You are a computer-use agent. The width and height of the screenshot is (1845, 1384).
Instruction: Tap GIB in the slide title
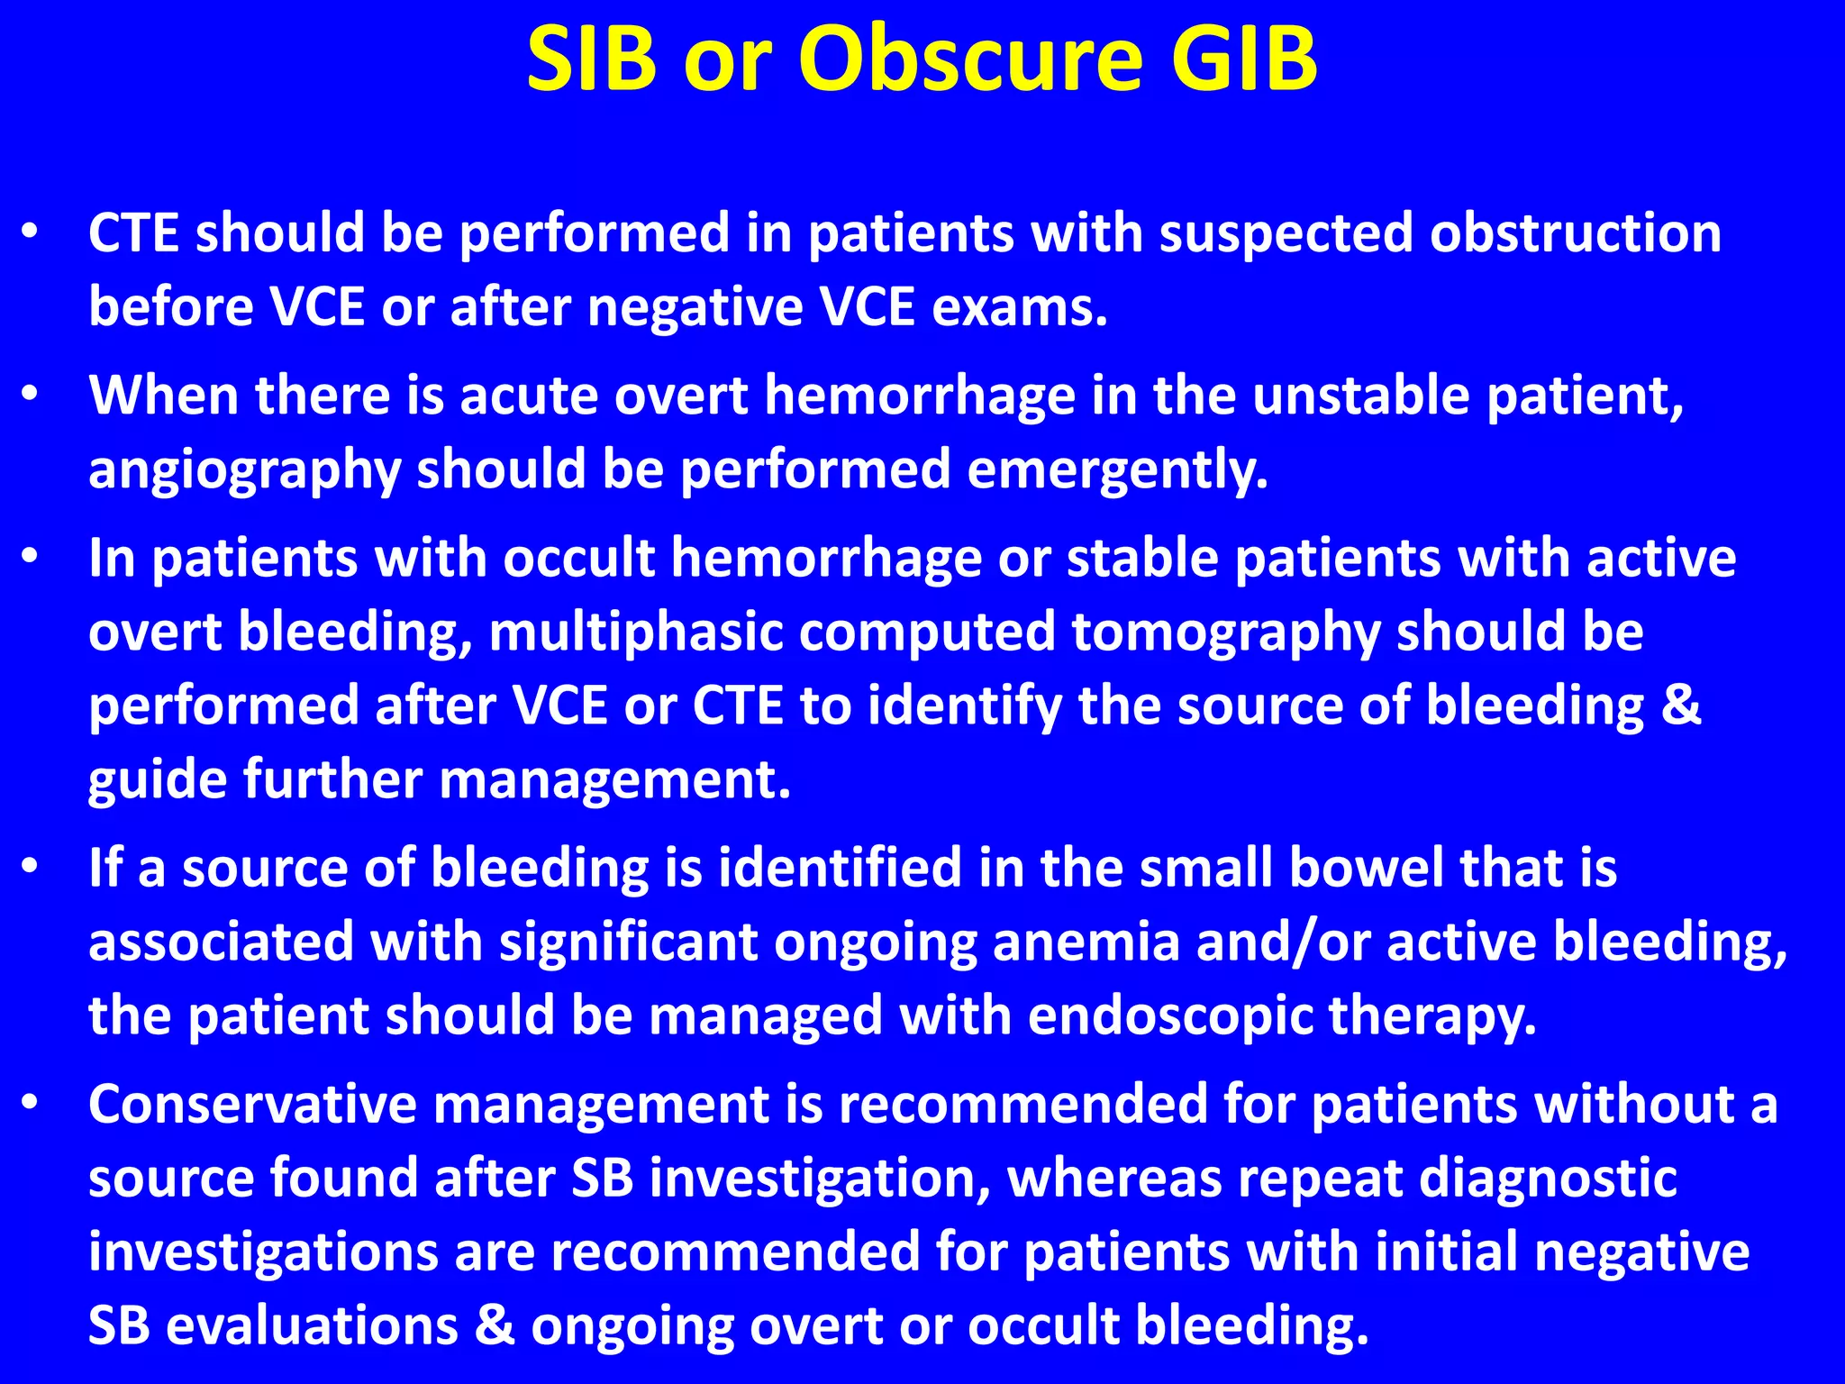pyautogui.click(x=1245, y=59)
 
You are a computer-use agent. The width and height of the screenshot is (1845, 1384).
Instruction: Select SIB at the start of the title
pyautogui.click(x=592, y=59)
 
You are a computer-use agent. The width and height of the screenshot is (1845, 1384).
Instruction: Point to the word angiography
pyautogui.click(x=244, y=470)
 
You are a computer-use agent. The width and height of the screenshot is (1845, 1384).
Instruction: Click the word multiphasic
pyautogui.click(x=635, y=632)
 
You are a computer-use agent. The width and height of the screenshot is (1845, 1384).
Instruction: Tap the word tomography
pyautogui.click(x=1226, y=632)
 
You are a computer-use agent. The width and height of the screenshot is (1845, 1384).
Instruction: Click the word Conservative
pyautogui.click(x=253, y=1105)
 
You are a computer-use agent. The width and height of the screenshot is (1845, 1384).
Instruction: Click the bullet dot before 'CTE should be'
pyautogui.click(x=31, y=232)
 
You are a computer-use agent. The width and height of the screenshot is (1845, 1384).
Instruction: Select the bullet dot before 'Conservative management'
pyautogui.click(x=31, y=1104)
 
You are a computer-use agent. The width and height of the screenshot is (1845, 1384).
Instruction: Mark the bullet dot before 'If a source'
pyautogui.click(x=31, y=868)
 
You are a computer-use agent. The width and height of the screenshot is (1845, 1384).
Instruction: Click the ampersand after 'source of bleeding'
pyautogui.click(x=1681, y=706)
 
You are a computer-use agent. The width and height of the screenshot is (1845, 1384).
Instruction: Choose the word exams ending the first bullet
pyautogui.click(x=1019, y=307)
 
